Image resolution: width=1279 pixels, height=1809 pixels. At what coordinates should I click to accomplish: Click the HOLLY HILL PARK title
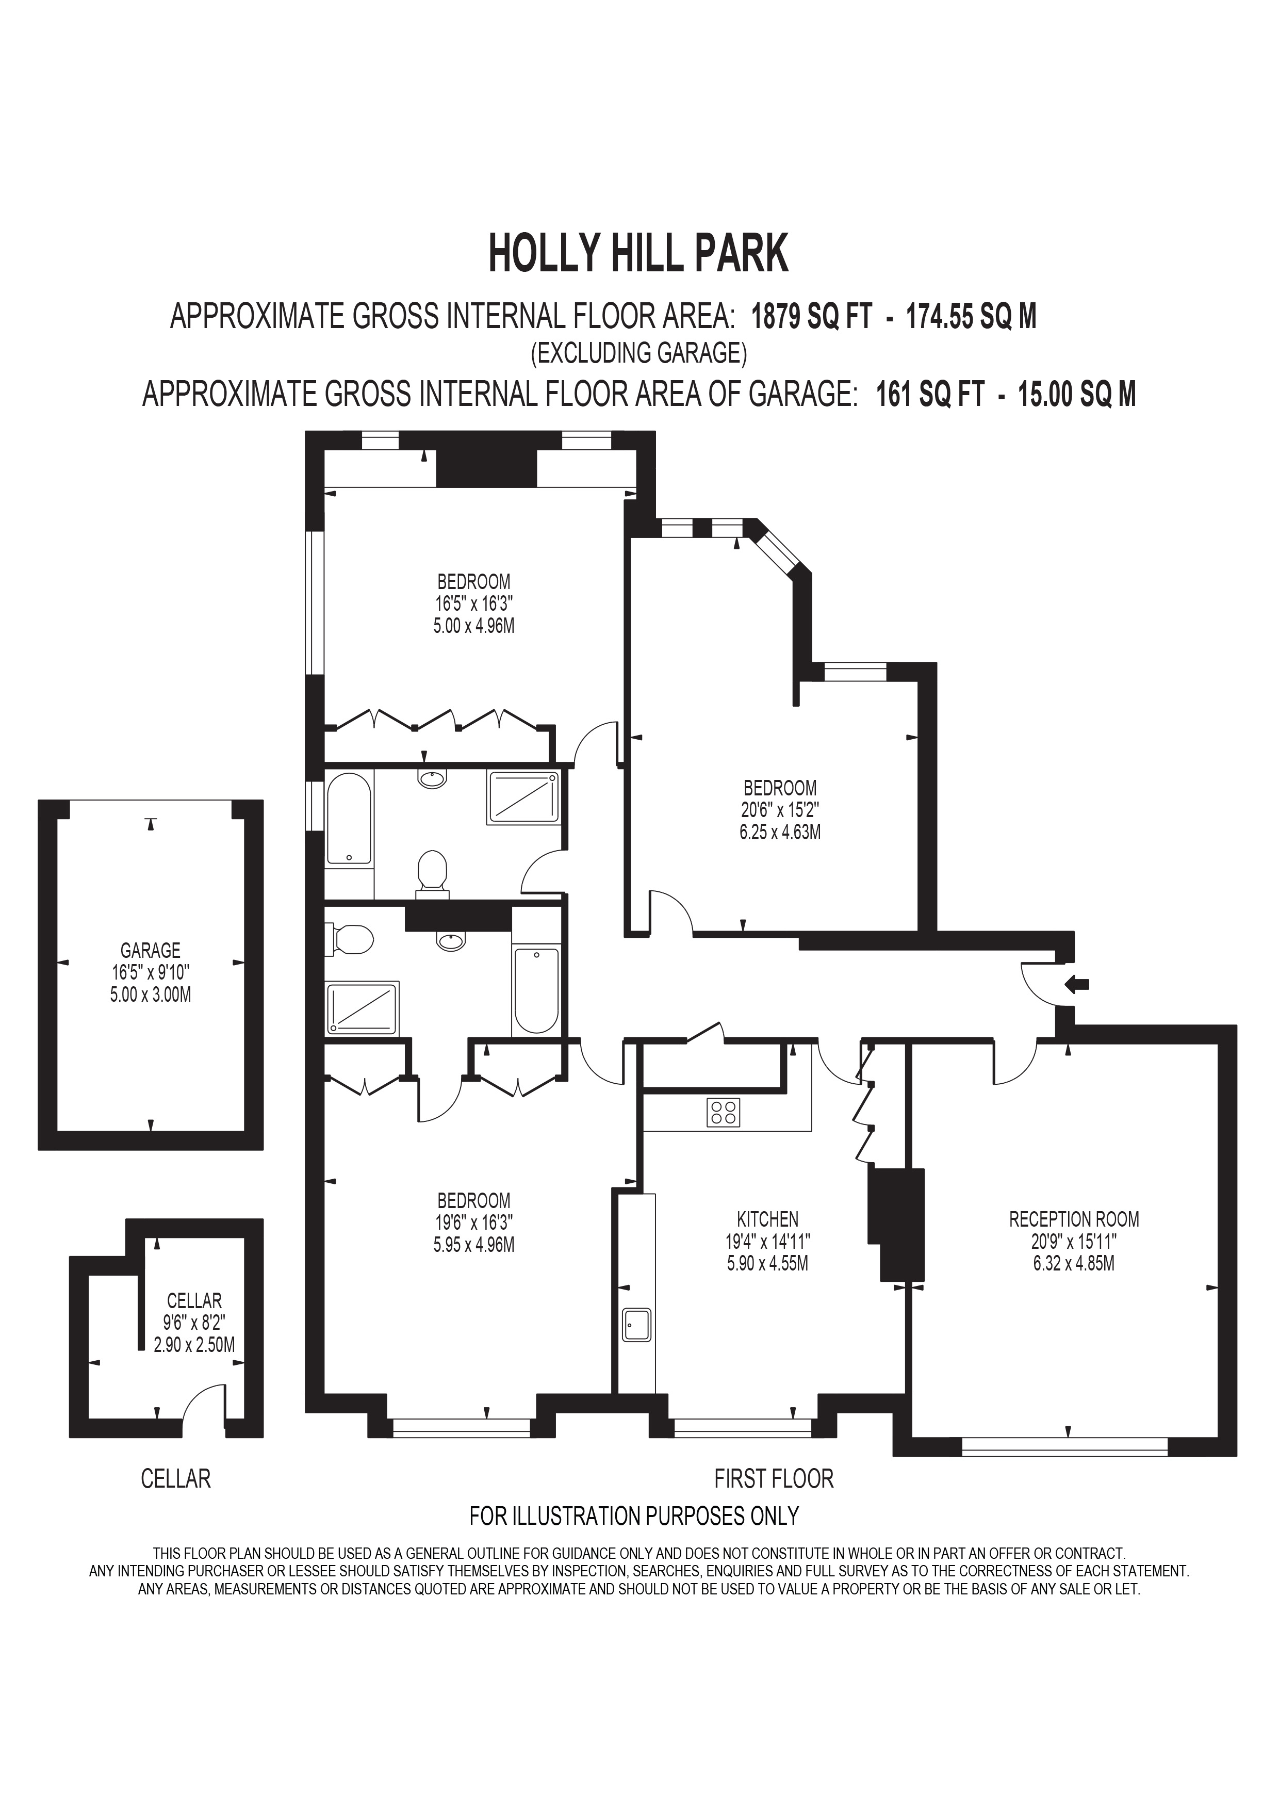pyautogui.click(x=638, y=254)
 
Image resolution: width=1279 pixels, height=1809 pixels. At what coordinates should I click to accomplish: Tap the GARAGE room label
pyautogui.click(x=151, y=950)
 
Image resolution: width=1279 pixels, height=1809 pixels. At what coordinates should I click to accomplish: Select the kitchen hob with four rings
pyautogui.click(x=724, y=1112)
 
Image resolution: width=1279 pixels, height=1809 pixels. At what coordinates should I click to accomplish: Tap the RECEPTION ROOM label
pyautogui.click(x=1073, y=1219)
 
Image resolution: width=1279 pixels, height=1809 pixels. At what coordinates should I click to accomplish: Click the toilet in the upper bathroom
pyautogui.click(x=432, y=873)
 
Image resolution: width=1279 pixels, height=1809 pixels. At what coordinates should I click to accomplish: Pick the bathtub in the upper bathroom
pyautogui.click(x=348, y=820)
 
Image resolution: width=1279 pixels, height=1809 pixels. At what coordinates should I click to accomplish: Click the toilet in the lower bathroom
pyautogui.click(x=353, y=940)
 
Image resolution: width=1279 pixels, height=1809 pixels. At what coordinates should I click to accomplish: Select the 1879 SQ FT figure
pyautogui.click(x=811, y=317)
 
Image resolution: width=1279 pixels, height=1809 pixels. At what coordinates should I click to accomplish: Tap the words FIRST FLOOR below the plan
pyautogui.click(x=774, y=1479)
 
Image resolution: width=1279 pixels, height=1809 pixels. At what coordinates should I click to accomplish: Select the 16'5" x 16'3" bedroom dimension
pyautogui.click(x=474, y=605)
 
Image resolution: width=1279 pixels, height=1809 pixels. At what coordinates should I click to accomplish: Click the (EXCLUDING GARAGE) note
pyautogui.click(x=638, y=352)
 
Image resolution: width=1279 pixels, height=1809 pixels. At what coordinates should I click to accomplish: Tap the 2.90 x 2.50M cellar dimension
pyautogui.click(x=194, y=1344)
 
